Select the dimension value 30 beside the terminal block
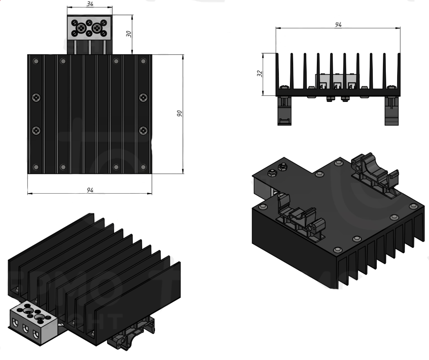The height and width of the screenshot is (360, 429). click(128, 34)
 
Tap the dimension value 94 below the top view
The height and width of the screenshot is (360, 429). click(90, 190)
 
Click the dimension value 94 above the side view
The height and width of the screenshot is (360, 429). click(338, 25)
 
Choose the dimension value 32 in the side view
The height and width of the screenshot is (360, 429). click(260, 73)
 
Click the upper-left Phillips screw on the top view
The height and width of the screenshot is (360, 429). click(36, 97)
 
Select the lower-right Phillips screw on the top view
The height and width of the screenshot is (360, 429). click(143, 131)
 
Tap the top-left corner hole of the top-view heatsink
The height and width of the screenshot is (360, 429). click(36, 61)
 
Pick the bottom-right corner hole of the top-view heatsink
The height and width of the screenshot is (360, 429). click(143, 167)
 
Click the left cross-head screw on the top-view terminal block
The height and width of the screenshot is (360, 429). click(82, 28)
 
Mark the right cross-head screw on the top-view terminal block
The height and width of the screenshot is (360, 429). click(97, 28)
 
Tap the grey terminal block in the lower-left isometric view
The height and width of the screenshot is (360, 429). click(31, 322)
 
